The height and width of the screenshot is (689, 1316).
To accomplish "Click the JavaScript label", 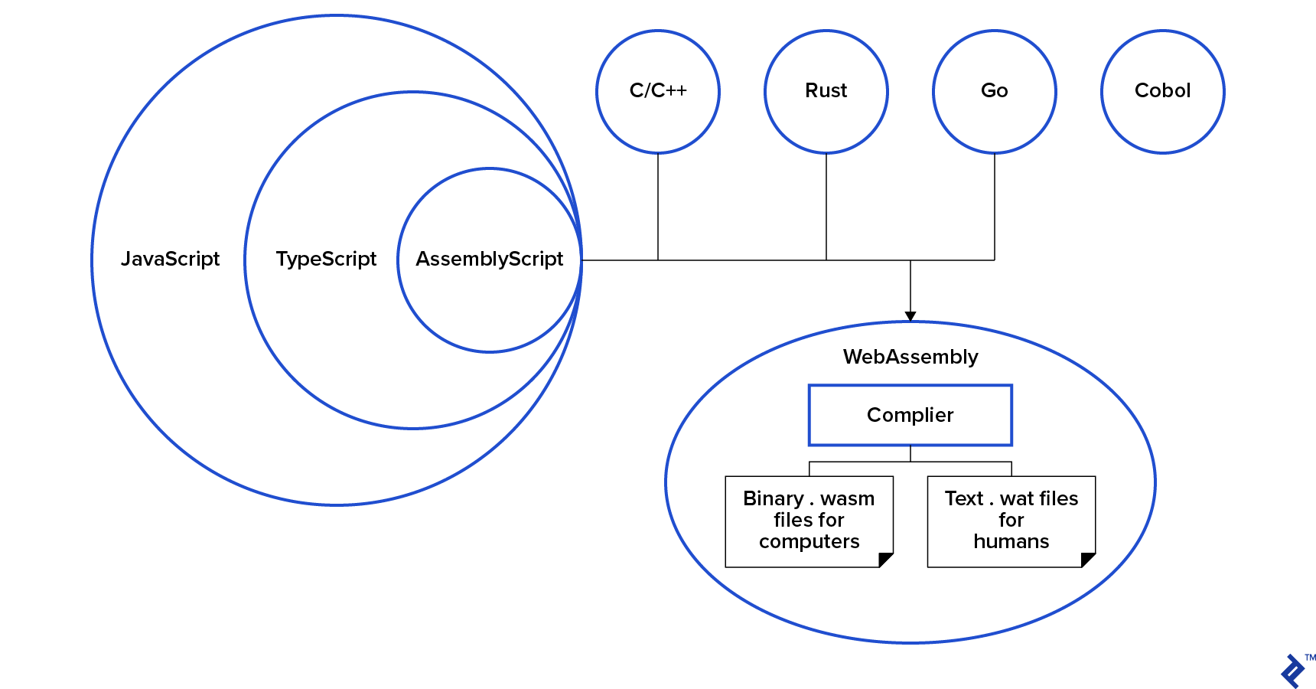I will (170, 259).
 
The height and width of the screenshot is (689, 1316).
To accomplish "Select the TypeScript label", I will (326, 259).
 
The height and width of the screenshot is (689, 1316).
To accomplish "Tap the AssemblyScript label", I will (489, 259).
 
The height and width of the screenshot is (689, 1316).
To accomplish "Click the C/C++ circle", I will (658, 91).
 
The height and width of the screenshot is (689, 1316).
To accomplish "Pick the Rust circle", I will (826, 91).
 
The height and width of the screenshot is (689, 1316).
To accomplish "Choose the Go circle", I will (995, 91).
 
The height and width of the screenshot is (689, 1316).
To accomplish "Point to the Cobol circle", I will (1163, 91).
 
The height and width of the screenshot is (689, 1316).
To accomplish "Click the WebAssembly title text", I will (910, 357).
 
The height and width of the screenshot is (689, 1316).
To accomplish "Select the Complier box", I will (910, 415).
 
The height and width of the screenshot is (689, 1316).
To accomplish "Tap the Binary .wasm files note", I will (809, 521).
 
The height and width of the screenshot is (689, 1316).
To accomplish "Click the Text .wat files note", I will (1011, 521).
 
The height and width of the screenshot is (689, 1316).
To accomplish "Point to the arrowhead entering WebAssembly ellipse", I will (910, 316).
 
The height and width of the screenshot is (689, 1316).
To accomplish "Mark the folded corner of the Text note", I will (1089, 560).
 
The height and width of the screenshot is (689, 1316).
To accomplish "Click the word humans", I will (1011, 541).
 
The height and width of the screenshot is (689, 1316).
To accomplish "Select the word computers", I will (809, 541).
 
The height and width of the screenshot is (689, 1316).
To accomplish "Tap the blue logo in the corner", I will (1293, 671).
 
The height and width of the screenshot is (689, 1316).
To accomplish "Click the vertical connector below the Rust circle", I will (826, 207).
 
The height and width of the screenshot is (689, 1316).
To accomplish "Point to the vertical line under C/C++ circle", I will (658, 207).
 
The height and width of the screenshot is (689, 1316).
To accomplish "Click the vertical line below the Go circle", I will (995, 207).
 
